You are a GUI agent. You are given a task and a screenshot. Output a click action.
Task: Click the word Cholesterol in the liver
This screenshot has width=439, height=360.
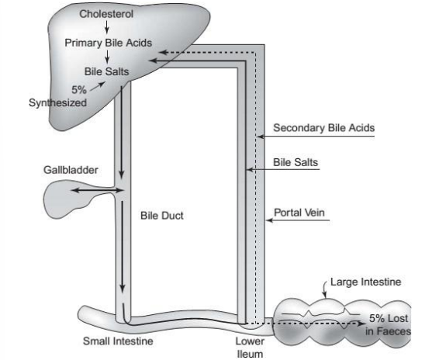(x=105, y=14)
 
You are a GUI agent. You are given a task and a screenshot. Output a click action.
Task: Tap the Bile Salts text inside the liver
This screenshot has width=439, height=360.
(x=107, y=71)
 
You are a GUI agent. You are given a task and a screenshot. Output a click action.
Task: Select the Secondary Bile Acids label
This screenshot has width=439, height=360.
(x=324, y=127)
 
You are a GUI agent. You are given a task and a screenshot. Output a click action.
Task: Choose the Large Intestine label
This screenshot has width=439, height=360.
(x=363, y=282)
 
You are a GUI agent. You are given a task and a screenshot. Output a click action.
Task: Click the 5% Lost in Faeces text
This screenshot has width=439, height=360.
(x=389, y=325)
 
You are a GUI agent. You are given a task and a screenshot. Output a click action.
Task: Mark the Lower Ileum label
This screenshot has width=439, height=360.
(x=250, y=347)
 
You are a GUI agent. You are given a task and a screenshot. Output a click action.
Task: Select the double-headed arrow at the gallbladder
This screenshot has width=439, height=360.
(x=97, y=188)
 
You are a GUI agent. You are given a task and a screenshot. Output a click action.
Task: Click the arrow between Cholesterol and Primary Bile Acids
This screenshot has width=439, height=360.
(x=106, y=28)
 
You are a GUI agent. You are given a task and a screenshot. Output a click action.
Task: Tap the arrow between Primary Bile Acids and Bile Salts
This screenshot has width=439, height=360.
(x=106, y=57)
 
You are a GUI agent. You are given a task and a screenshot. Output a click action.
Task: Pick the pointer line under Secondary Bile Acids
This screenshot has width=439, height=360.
(x=319, y=138)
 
